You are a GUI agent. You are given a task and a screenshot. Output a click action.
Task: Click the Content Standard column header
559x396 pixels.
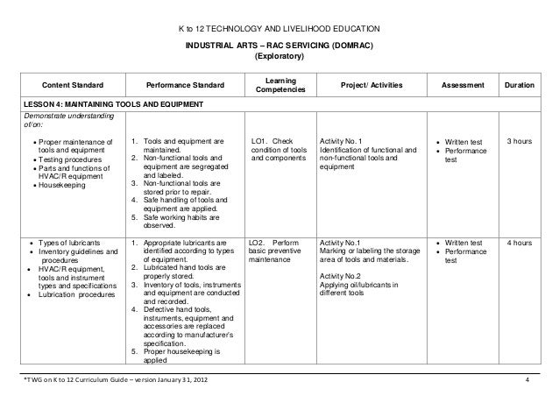(73, 85)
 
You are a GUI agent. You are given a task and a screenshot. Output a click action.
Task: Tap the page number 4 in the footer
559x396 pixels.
(527, 379)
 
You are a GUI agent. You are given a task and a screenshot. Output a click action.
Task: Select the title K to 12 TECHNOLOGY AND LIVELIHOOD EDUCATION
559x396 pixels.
(279, 28)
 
